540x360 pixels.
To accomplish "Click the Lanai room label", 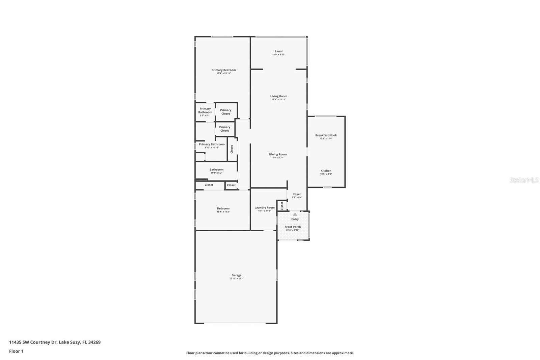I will [x=278, y=51].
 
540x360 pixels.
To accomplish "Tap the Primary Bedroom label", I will [x=223, y=70].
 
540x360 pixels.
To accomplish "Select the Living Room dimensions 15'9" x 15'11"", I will [x=278, y=100].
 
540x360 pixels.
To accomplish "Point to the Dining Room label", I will [x=278, y=154].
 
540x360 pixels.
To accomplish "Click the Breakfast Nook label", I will [x=326, y=135].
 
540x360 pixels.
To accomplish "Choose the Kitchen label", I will [x=326, y=171].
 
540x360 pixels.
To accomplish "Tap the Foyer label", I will [x=297, y=194].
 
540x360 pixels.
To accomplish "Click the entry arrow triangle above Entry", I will [x=295, y=214].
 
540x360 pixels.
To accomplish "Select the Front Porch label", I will [x=292, y=227].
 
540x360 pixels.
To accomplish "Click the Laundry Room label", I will [x=264, y=208].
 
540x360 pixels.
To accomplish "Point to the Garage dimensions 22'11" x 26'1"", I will [x=236, y=279].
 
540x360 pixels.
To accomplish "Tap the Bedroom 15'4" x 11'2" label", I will [x=223, y=208].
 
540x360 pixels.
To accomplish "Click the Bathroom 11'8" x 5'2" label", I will [x=216, y=170].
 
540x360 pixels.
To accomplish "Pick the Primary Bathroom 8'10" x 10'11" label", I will [x=212, y=145].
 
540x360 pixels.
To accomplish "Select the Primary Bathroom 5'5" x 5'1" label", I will [x=205, y=110].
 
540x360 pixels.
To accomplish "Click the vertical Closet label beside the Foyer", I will [x=282, y=205].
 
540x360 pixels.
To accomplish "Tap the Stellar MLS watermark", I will [x=524, y=180].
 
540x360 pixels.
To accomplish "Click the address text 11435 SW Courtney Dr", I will [x=33, y=342].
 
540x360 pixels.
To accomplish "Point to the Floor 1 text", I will [x=16, y=351].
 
